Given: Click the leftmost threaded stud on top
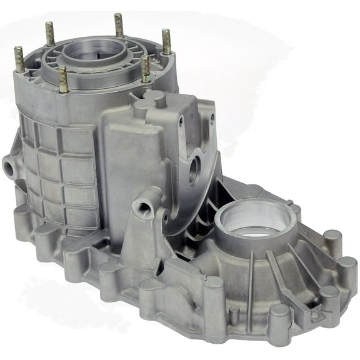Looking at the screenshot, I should tap(19, 59).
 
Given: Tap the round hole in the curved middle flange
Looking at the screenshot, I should tap(194, 168).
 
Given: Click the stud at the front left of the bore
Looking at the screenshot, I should tap(63, 79).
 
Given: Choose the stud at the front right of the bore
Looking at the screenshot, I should tap(145, 69).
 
